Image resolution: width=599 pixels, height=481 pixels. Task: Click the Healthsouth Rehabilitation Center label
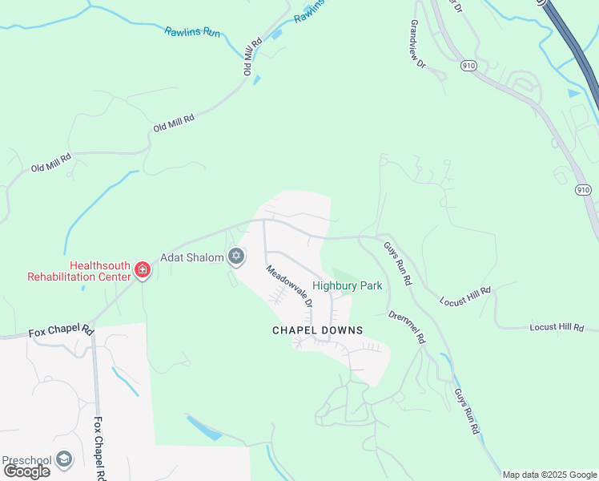coord(78,271)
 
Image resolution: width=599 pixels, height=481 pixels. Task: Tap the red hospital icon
coord(143,269)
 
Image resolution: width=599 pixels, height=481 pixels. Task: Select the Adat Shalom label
coord(193,257)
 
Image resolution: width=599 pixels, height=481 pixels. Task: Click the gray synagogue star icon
coord(235,257)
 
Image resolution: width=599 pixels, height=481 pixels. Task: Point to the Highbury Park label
coord(347,285)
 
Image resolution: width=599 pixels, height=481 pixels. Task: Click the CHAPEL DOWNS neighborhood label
coord(317,330)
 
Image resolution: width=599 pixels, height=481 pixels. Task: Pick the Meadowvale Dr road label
coord(288,286)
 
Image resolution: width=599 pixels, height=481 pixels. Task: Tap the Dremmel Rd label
coord(406,326)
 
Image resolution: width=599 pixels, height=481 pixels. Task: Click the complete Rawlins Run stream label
coord(192,31)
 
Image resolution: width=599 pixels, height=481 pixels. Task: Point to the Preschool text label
coord(26,460)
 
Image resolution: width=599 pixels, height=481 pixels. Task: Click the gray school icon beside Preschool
coord(63,459)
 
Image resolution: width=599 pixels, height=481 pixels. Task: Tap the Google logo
coord(26,471)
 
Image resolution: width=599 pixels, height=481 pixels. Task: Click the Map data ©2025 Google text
coord(549,475)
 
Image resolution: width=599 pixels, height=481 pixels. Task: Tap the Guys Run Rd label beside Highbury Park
coord(396,264)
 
